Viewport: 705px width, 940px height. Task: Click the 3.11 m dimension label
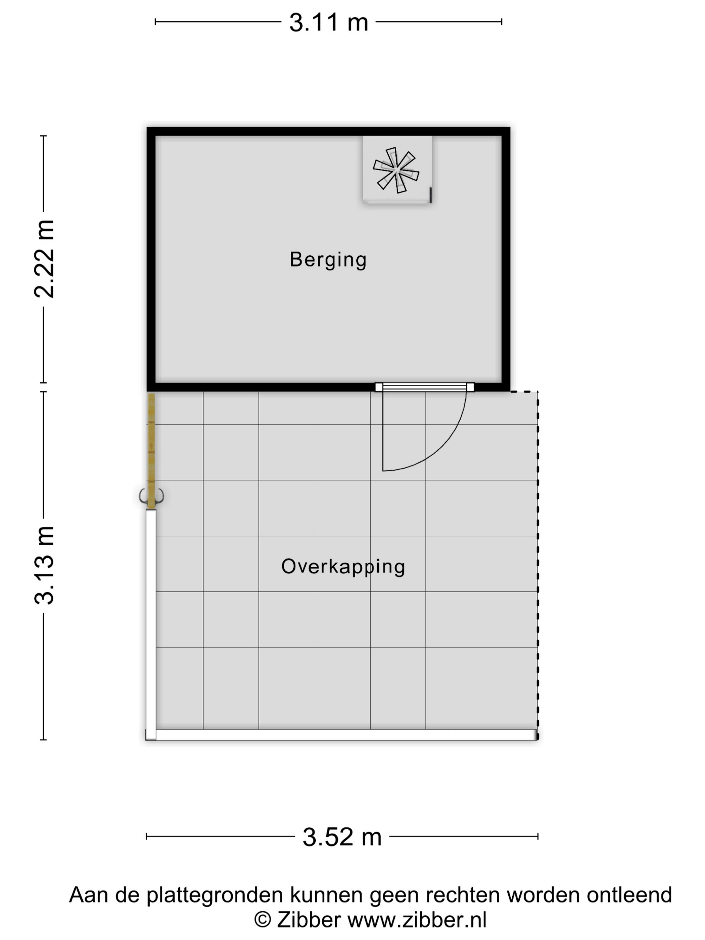click(328, 22)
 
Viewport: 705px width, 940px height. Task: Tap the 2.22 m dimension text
click(45, 259)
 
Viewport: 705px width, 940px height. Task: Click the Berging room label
click(328, 260)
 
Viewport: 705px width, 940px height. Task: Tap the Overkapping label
click(343, 566)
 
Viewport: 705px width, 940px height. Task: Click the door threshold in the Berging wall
click(424, 387)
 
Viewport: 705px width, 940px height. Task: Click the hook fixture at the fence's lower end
click(151, 496)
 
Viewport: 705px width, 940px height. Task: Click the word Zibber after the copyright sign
click(309, 920)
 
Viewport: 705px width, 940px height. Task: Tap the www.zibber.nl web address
click(417, 920)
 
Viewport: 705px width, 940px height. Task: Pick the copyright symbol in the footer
click(263, 921)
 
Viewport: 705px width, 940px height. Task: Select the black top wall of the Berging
click(328, 131)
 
